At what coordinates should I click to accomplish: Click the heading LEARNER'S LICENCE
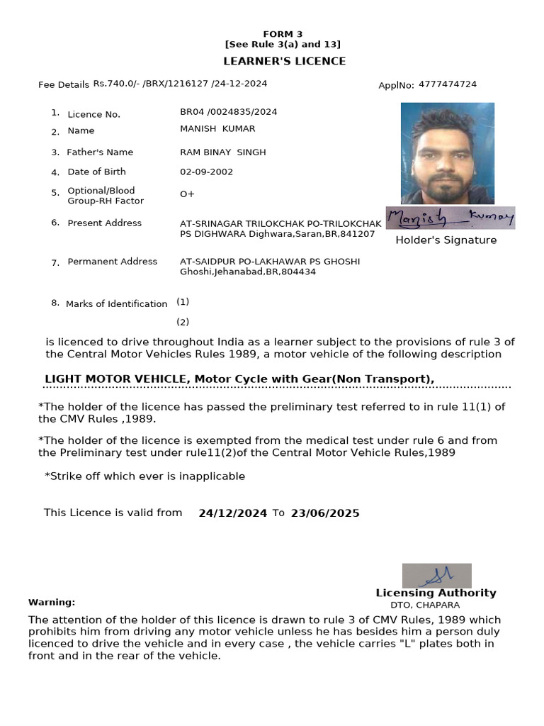[x=284, y=61]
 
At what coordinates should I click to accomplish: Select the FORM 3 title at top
[x=283, y=34]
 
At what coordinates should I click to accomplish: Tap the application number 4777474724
[x=448, y=84]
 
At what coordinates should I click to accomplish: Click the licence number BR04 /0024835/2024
[x=228, y=112]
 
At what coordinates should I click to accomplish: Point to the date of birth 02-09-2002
[x=206, y=172]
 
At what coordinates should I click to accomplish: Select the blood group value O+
[x=187, y=194]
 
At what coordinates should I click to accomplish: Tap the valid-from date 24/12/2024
[x=232, y=513]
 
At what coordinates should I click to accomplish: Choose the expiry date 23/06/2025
[x=325, y=513]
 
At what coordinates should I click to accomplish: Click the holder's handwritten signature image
[x=450, y=218]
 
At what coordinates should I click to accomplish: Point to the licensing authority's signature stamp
[x=436, y=575]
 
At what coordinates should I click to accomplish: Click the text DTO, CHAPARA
[x=425, y=605]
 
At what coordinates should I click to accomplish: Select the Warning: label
[x=52, y=602]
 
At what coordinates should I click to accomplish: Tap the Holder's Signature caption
[x=446, y=240]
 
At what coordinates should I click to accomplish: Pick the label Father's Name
[x=100, y=152]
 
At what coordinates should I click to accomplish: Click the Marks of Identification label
[x=116, y=304]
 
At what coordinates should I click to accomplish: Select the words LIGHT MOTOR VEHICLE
[x=115, y=379]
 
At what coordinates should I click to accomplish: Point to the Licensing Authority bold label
[x=436, y=593]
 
